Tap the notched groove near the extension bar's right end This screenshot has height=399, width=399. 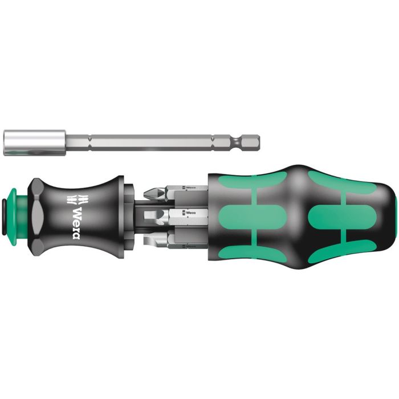235,140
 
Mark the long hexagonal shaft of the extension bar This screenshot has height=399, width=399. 148,140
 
